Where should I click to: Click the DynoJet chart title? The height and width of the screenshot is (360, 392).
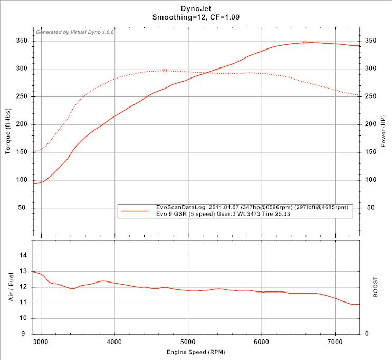[x=196, y=8]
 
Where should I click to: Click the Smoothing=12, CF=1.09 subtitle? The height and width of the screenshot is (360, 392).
[x=196, y=17]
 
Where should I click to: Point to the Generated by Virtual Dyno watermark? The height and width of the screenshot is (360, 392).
[x=75, y=33]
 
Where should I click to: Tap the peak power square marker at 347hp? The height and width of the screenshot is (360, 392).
[x=305, y=42]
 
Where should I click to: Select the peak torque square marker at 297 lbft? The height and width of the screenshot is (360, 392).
[x=165, y=70]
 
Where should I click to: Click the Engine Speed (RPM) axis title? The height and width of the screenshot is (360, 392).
[x=196, y=352]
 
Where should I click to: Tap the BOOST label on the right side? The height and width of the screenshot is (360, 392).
[x=376, y=287]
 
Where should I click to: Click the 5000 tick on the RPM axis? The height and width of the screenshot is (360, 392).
[x=188, y=341]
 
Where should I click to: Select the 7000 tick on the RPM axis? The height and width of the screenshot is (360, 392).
[x=336, y=341]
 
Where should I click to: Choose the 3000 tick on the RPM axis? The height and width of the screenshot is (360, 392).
[x=41, y=341]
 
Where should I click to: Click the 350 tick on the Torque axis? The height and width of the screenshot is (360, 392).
[x=23, y=41]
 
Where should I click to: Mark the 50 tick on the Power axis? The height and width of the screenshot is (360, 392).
[x=371, y=208]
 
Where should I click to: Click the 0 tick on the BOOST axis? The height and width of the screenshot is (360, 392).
[x=367, y=334]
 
